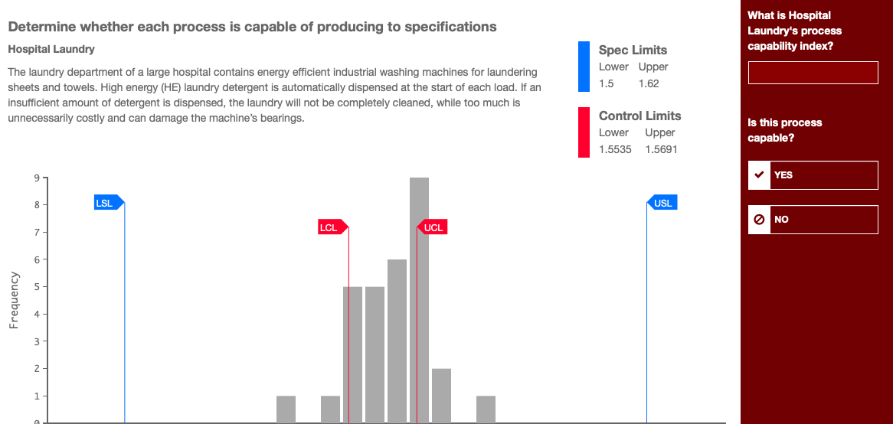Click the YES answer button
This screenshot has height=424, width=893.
(813, 174)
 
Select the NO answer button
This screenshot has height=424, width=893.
(813, 220)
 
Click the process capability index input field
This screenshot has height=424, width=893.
(813, 73)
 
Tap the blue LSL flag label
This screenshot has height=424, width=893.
(105, 203)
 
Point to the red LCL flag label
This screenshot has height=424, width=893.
(330, 227)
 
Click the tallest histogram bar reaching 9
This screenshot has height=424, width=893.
(419, 298)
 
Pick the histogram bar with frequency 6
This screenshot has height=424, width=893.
(397, 341)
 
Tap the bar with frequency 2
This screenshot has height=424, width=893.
(441, 395)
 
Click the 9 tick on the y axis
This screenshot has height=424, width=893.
(36, 178)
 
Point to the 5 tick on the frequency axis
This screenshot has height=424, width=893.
(36, 287)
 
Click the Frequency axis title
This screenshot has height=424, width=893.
(14, 300)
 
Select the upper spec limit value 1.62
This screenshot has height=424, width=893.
(648, 83)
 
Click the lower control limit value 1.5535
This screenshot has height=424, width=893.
(615, 149)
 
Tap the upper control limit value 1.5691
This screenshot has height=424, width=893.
(661, 149)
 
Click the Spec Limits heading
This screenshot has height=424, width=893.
(633, 51)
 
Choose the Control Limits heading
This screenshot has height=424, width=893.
(639, 116)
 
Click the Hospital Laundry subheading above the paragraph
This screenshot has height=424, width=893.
(51, 49)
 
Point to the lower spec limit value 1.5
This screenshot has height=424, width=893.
(606, 83)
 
